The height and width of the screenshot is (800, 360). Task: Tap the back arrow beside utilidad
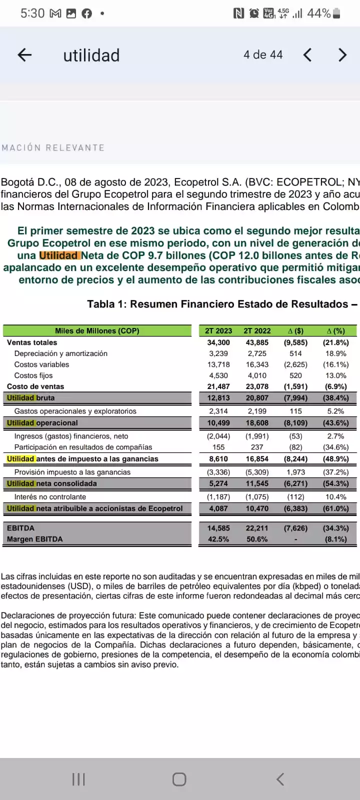click(x=24, y=55)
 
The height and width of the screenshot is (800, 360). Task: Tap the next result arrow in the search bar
click(x=342, y=55)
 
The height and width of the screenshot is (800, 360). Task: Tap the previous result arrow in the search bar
click(x=307, y=55)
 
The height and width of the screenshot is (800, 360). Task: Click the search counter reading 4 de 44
click(x=263, y=55)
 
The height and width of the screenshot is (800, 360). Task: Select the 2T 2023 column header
click(x=218, y=331)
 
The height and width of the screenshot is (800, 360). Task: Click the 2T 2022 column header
click(x=257, y=331)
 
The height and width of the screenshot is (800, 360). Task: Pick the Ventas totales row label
click(x=32, y=342)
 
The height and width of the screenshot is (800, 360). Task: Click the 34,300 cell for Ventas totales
click(x=218, y=342)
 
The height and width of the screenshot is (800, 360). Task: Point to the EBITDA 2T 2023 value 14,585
click(x=218, y=528)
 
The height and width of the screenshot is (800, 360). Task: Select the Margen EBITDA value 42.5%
click(x=218, y=539)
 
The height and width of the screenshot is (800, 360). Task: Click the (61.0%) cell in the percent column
click(x=335, y=508)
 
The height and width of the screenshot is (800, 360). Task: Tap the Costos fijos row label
click(x=33, y=375)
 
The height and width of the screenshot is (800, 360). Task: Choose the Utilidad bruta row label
click(x=31, y=398)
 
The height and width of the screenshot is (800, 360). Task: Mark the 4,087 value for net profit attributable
click(x=218, y=508)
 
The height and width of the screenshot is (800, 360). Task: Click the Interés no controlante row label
click(x=50, y=497)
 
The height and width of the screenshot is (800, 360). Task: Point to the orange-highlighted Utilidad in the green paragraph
click(x=58, y=255)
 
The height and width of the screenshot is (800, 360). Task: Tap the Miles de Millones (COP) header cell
click(x=97, y=331)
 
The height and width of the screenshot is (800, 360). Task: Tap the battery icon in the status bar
click(x=336, y=13)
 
